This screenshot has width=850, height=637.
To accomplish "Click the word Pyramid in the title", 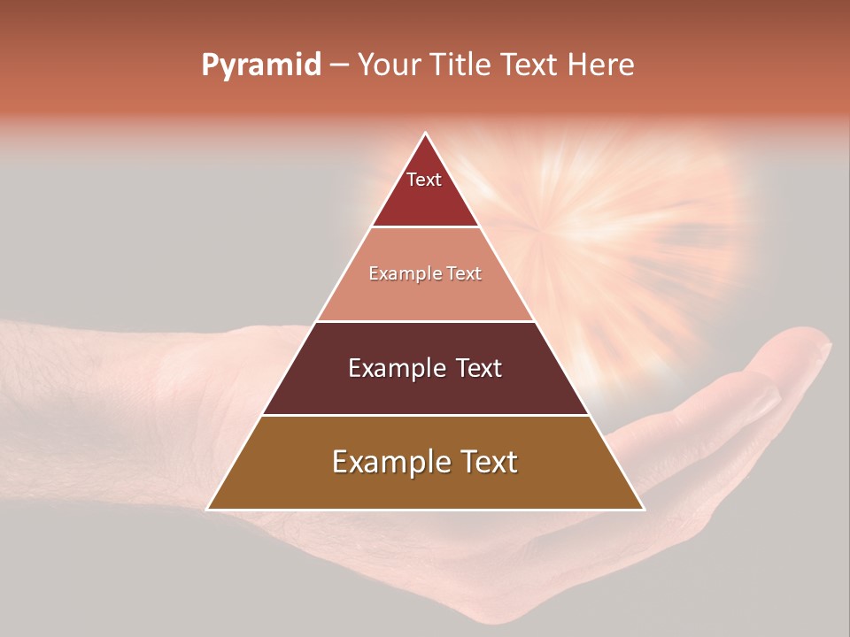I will coord(261,65).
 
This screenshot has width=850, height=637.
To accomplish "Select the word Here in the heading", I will coord(600,65).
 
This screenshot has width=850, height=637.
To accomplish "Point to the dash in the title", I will coord(339,65).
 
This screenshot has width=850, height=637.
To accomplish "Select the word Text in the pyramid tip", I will coord(424,180).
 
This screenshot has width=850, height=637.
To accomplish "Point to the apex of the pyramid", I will coord(425,134).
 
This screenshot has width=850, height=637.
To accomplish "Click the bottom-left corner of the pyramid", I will coord(208,509).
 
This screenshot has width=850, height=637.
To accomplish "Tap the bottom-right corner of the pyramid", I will coord(643,509).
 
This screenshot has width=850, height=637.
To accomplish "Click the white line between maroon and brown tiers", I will coord(425,415).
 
